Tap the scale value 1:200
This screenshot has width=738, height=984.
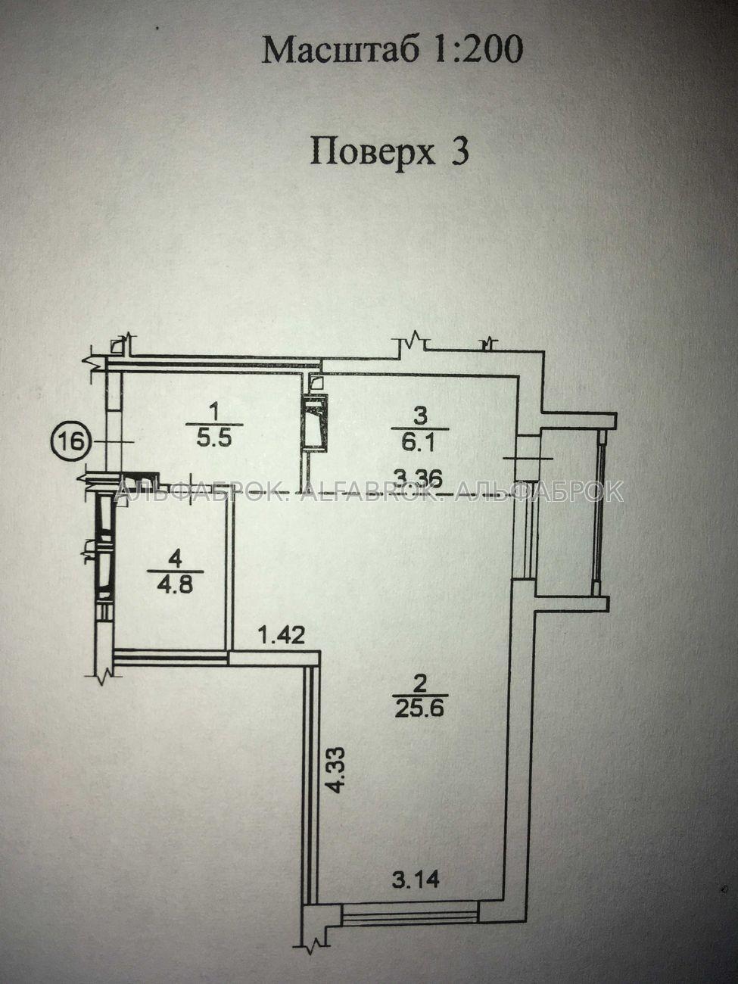coord(477,50)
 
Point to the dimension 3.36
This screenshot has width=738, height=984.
coord(418,478)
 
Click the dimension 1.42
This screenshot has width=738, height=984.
coord(282,635)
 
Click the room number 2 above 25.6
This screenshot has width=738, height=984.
coord(420,696)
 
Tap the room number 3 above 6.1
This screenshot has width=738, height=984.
coord(420,416)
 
